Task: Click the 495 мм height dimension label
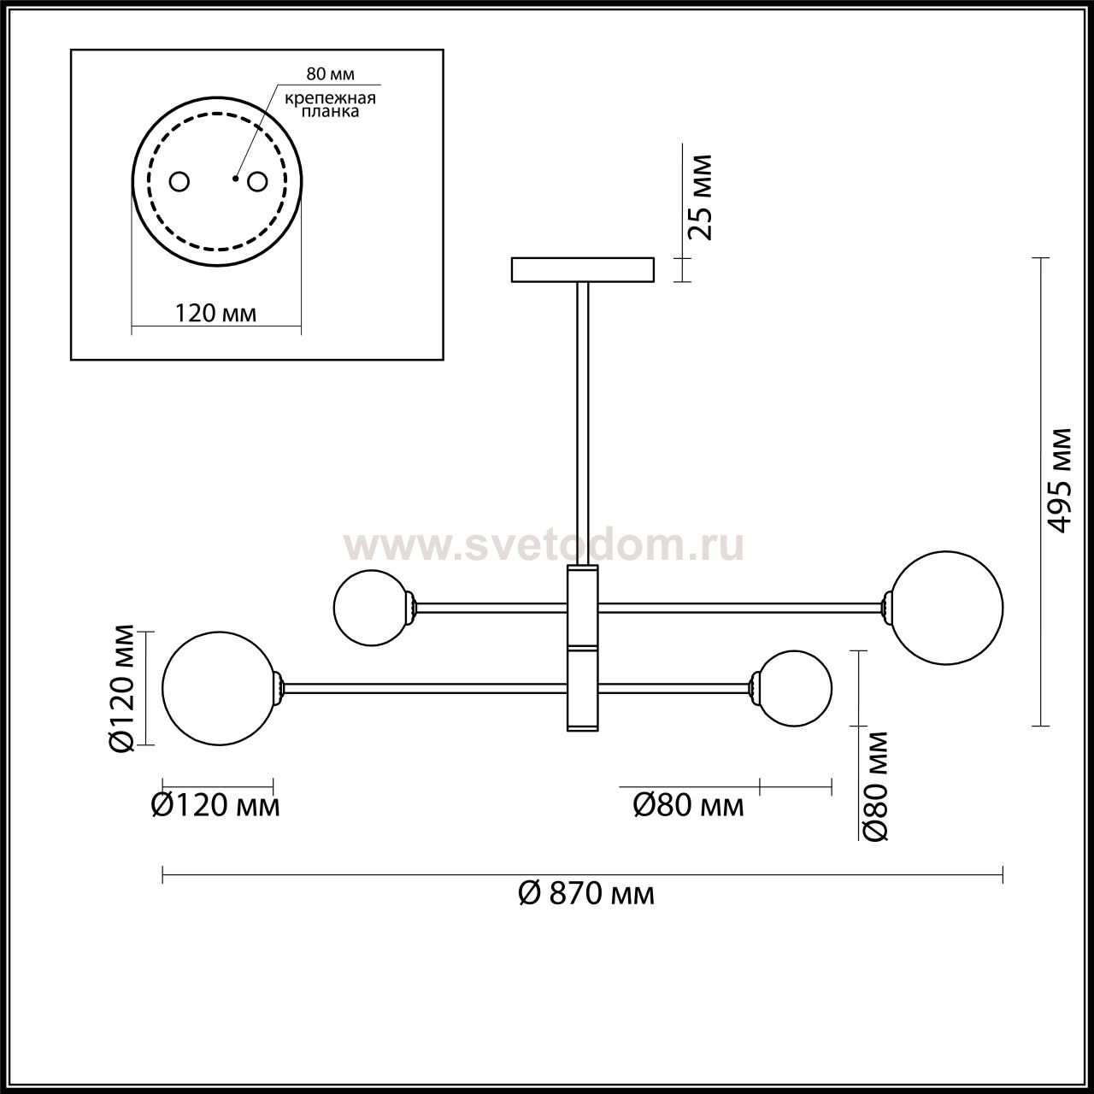[1058, 480]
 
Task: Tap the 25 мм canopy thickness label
[699, 197]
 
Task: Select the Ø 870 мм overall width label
[586, 894]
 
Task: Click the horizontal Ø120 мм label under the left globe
[215, 805]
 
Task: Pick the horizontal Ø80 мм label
[688, 805]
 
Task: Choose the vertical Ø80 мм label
[874, 786]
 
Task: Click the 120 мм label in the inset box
[215, 313]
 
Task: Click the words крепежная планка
[331, 105]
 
